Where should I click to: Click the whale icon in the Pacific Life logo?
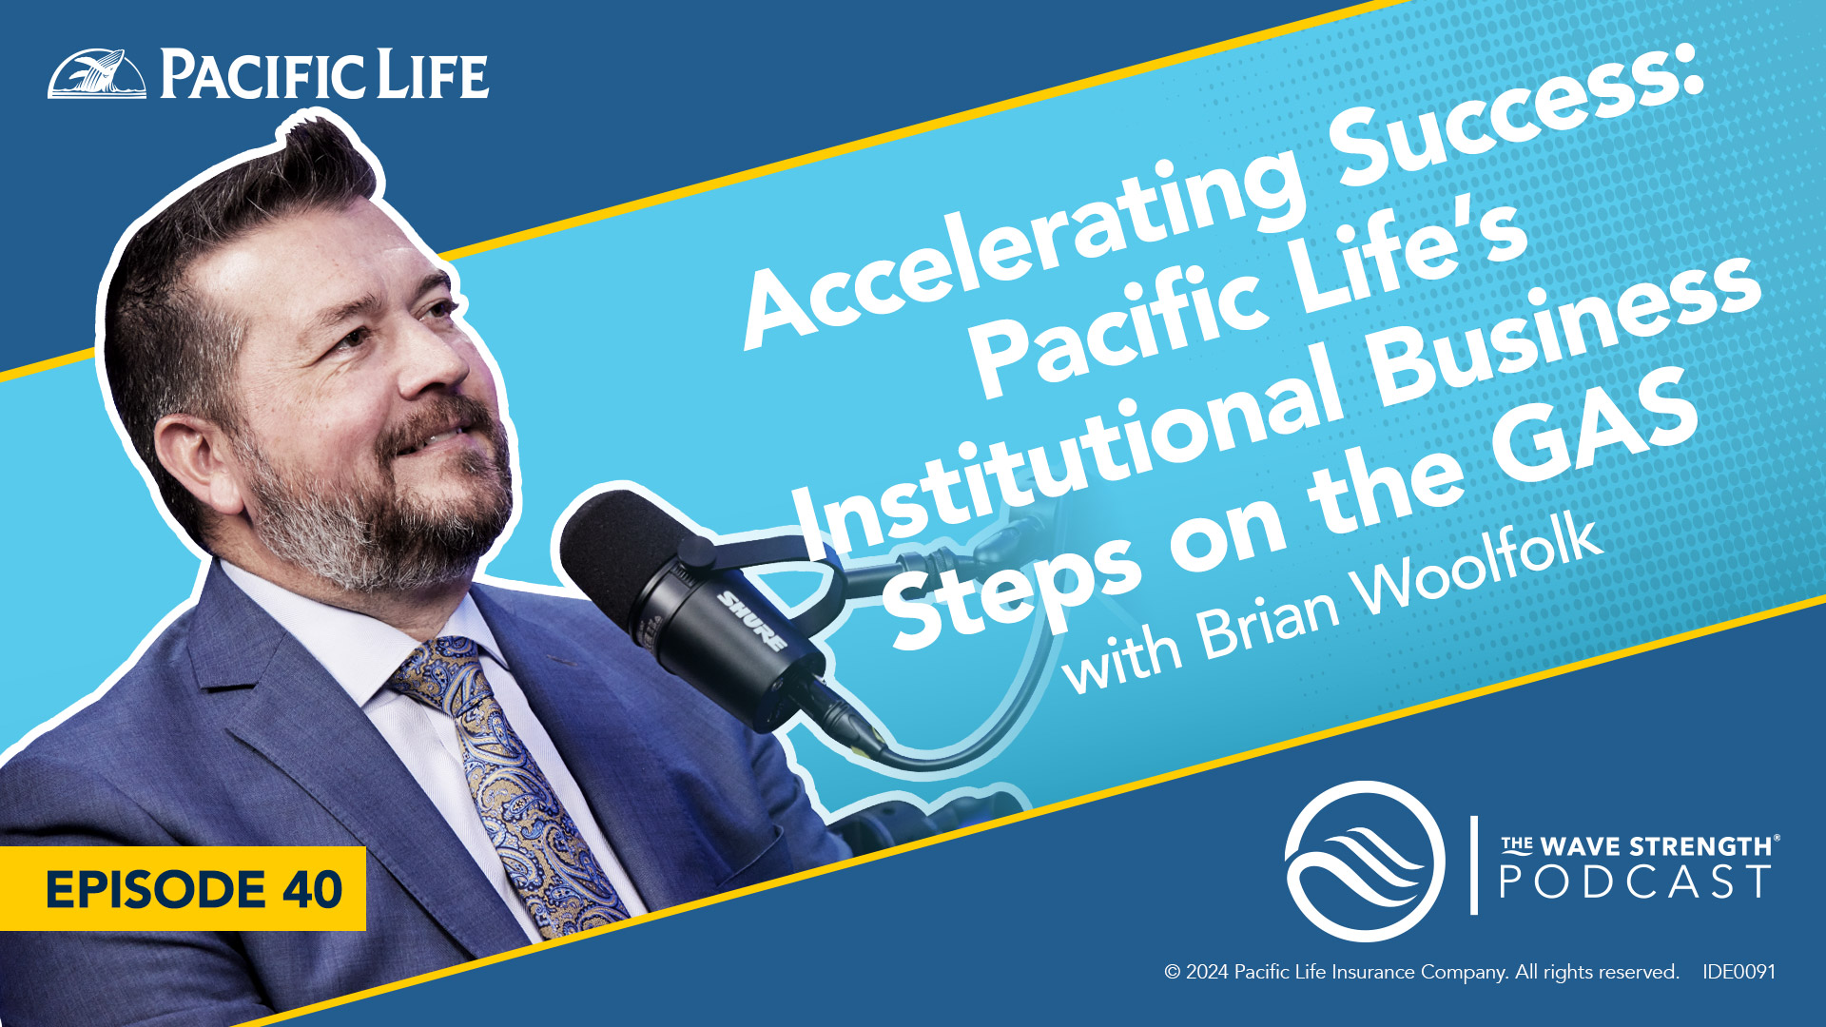click(x=97, y=73)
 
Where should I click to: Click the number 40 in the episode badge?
click(x=313, y=889)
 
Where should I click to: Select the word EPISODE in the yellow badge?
click(x=155, y=889)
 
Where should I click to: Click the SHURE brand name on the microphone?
click(x=751, y=621)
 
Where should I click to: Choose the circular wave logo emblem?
click(x=1365, y=862)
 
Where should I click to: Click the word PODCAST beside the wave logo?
click(x=1635, y=882)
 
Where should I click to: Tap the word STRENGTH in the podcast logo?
click(x=1703, y=846)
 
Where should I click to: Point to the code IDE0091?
click(x=1739, y=972)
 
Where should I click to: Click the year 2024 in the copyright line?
click(x=1208, y=972)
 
